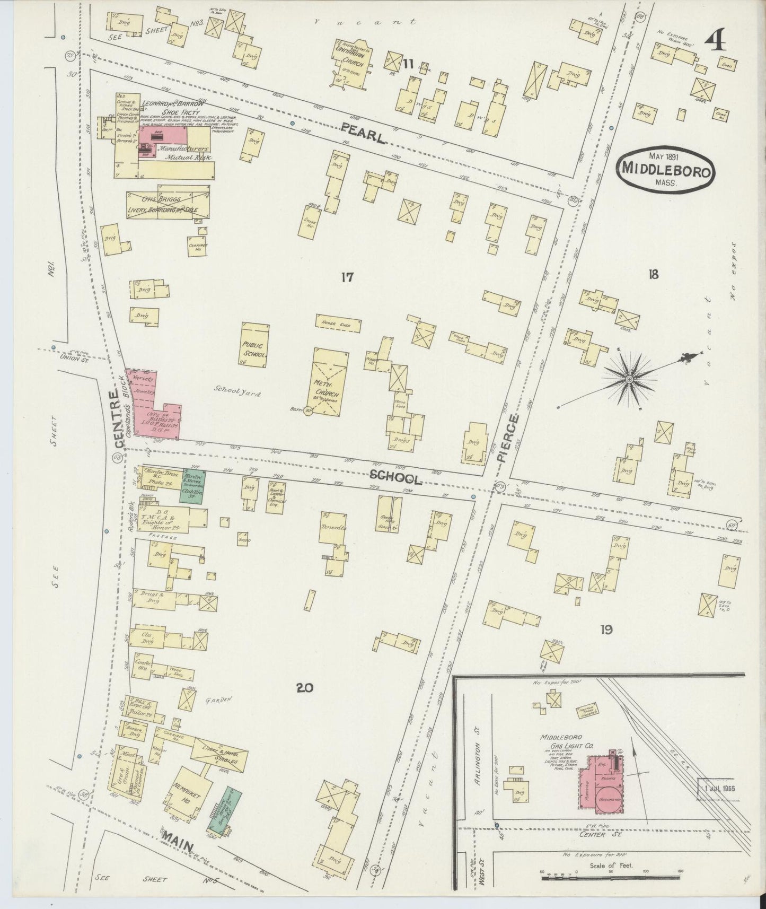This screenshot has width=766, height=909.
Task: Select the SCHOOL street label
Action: (x=396, y=478)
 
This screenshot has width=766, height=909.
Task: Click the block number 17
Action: (x=347, y=277)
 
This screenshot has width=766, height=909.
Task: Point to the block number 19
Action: (x=607, y=630)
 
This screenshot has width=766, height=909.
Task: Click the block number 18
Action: (x=653, y=274)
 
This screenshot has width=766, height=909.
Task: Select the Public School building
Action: (x=254, y=344)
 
